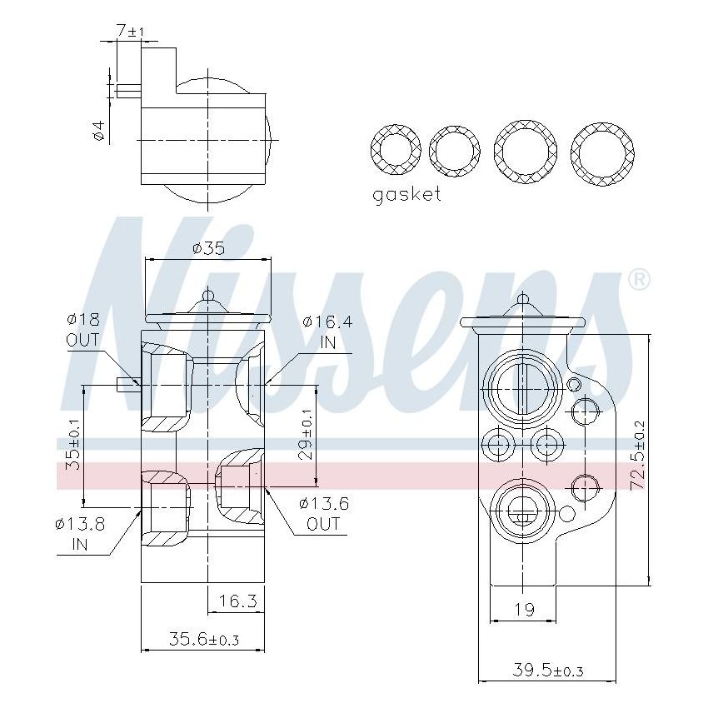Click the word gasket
406,195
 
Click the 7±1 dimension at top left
130,31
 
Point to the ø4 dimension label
99,131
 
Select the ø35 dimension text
208,248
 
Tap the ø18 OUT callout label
82,330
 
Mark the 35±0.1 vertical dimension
73,446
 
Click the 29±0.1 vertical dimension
306,434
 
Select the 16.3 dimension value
236,601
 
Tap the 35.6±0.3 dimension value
204,640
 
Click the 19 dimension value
523,610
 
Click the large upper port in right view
522,386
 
